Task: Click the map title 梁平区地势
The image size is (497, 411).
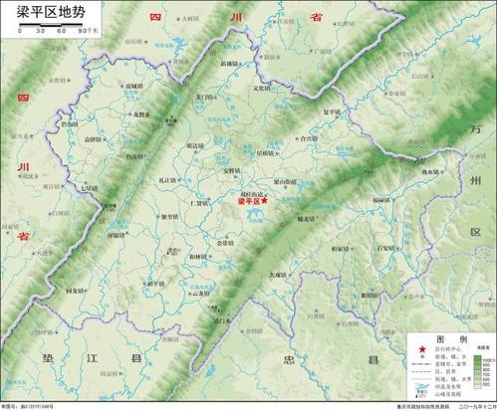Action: click(x=45, y=11)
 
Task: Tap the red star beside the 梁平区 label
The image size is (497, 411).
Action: click(x=264, y=200)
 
